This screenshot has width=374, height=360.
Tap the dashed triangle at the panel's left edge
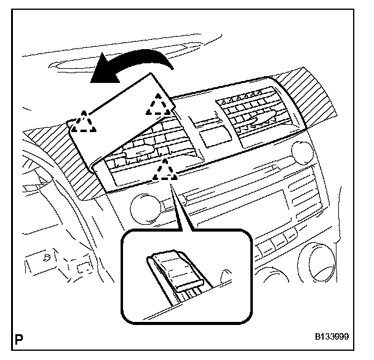coord(82,122)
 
